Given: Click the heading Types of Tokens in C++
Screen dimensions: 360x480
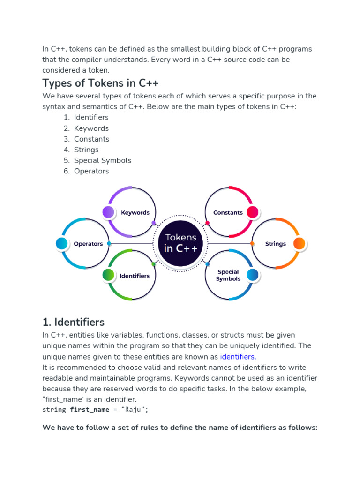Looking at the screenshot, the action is [x=100, y=83].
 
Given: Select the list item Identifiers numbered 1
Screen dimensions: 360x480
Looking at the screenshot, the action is [x=91, y=117].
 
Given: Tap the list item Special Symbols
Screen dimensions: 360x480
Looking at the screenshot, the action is [x=103, y=160].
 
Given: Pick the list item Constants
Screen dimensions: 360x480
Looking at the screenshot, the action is [x=91, y=139].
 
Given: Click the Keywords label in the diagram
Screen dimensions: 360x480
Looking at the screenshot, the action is [x=135, y=212].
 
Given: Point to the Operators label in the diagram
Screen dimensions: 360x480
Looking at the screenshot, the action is [x=88, y=244].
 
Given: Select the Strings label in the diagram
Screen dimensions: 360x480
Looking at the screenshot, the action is [x=276, y=244].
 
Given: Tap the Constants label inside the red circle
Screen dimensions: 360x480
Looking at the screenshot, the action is [x=228, y=212].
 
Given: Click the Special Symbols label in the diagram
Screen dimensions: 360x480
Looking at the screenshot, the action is [x=228, y=275].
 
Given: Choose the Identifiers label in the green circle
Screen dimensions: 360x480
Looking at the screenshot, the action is [x=135, y=276].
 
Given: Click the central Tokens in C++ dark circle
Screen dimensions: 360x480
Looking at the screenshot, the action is [x=181, y=243].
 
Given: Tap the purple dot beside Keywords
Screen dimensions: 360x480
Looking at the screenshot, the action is [x=108, y=212].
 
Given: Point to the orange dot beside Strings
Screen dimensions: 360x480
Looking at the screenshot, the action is [x=299, y=243].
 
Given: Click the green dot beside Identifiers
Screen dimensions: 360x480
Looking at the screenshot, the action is [x=108, y=275].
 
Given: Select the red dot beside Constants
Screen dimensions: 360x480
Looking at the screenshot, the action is [x=252, y=212].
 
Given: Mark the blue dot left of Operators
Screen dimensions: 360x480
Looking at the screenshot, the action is [x=61, y=243].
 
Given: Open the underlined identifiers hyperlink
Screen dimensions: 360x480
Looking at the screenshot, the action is [x=238, y=357].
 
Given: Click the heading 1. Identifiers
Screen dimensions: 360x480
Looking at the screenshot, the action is [x=73, y=322].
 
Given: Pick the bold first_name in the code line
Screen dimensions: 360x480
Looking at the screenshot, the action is [x=89, y=410].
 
